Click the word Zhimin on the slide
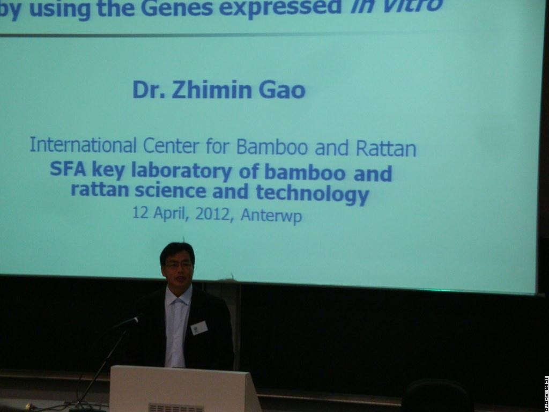click(x=212, y=90)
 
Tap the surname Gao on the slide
click(x=282, y=90)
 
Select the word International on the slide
click(x=83, y=145)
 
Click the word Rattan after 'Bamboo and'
click(x=386, y=149)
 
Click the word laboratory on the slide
click(x=181, y=172)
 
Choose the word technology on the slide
click(x=313, y=194)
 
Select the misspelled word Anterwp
click(x=271, y=215)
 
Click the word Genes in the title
click(x=177, y=8)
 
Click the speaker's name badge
click(x=199, y=328)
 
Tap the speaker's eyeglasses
click(x=178, y=266)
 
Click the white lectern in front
click(x=185, y=389)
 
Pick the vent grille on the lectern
click(x=176, y=408)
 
